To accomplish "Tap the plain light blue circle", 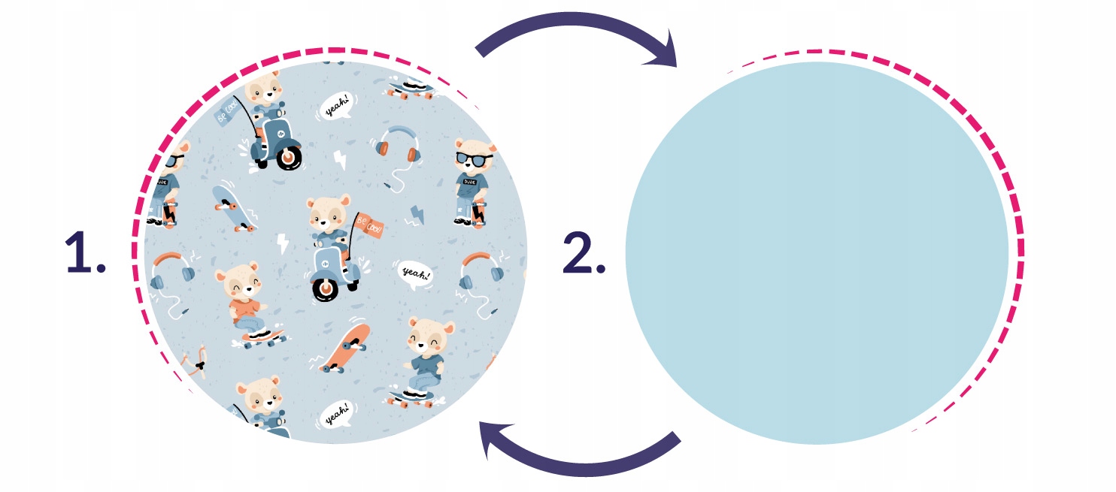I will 817,252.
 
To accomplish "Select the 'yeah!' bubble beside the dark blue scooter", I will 335,107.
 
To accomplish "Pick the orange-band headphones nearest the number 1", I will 171,274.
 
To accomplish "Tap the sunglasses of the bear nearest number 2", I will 475,158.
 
